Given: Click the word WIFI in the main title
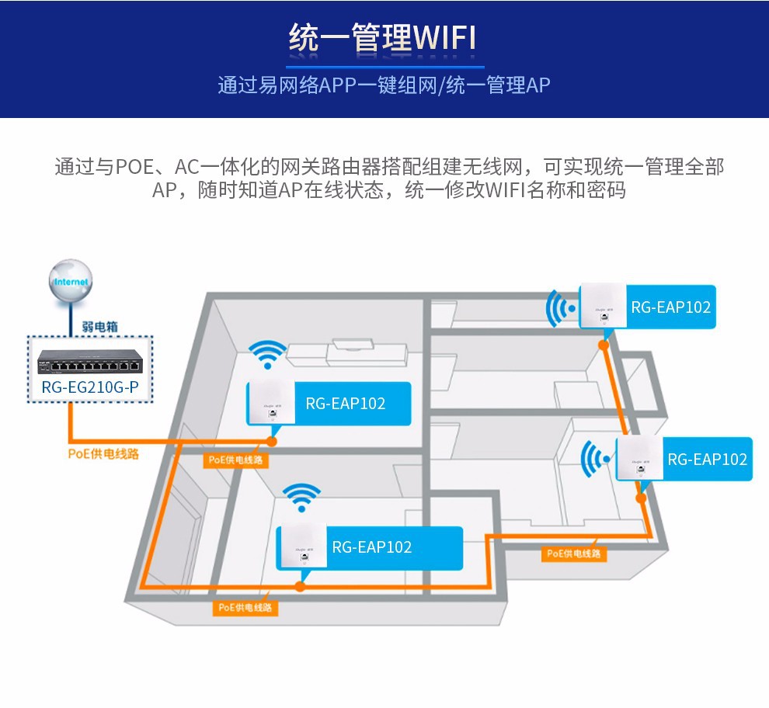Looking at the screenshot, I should coord(444,38).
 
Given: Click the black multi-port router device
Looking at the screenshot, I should coord(90,361).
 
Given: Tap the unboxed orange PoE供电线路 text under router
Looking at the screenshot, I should coord(103,453).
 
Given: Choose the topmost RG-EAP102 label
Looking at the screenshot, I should coord(670,307).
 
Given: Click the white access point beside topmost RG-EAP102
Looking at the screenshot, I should coord(601,307).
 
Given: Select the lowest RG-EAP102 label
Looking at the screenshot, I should coord(371,547).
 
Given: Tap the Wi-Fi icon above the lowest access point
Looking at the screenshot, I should coord(301,497).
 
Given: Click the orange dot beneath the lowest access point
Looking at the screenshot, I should coord(298,588).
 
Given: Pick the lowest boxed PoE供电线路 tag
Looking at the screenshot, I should coord(245,607).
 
